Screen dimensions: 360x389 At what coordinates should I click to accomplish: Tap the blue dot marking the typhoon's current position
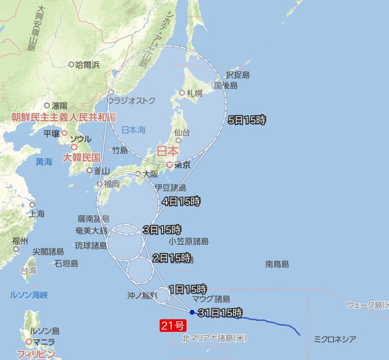click(192, 312)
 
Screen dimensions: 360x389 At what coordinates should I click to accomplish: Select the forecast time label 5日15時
click(247, 120)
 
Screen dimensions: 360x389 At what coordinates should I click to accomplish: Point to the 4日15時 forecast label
click(181, 202)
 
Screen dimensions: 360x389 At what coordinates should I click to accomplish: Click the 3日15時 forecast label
click(162, 230)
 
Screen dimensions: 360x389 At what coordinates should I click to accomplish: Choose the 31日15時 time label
click(220, 313)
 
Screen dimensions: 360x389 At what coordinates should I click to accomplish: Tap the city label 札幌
click(194, 93)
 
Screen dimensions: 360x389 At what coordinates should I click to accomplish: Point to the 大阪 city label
click(150, 174)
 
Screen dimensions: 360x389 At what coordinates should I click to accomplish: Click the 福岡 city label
click(112, 183)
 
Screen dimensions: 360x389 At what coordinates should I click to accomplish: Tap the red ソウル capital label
click(80, 139)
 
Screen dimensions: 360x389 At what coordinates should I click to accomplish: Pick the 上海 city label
click(38, 214)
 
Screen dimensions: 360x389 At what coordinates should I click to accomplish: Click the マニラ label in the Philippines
click(43, 342)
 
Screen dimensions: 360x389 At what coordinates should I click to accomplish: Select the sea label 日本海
click(133, 129)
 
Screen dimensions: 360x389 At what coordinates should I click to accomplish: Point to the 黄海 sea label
click(44, 161)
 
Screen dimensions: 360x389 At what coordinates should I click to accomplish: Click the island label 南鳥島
click(277, 264)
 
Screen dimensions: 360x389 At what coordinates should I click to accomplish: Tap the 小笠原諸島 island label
click(188, 242)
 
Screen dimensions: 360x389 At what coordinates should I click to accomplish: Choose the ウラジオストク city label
click(131, 100)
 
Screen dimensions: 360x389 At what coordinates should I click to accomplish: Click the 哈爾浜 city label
click(87, 65)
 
